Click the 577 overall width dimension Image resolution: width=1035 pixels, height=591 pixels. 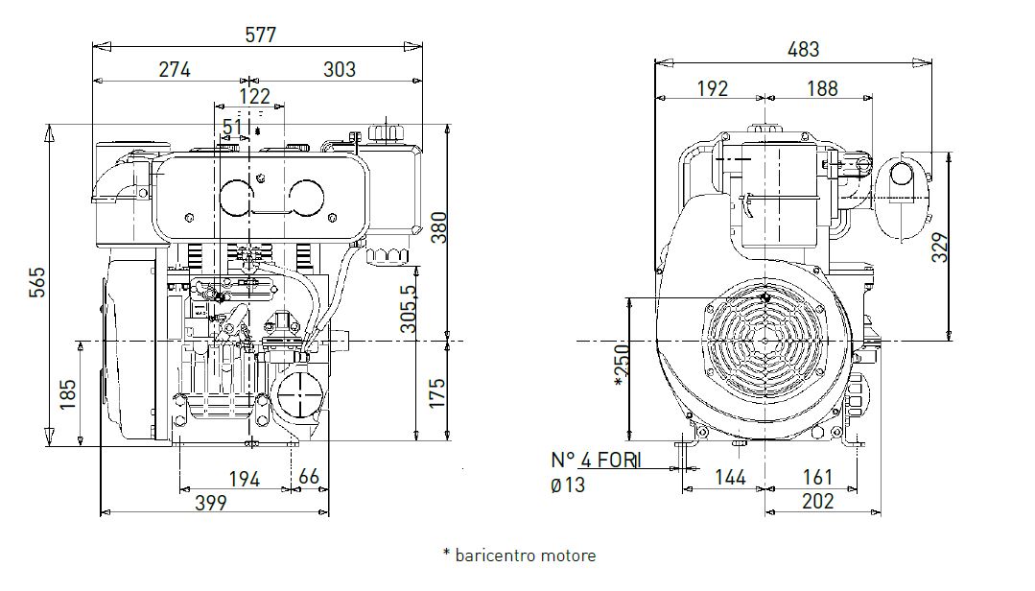[260, 35]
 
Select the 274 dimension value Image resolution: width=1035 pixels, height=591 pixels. [175, 69]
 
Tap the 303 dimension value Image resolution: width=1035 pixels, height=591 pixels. [340, 69]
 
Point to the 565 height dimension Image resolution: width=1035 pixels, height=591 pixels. [37, 282]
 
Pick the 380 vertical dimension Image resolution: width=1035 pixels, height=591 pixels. [437, 227]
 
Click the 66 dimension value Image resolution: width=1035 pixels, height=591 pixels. [309, 478]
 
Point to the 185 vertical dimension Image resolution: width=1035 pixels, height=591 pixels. [67, 394]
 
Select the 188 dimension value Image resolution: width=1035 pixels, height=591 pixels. [820, 88]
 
